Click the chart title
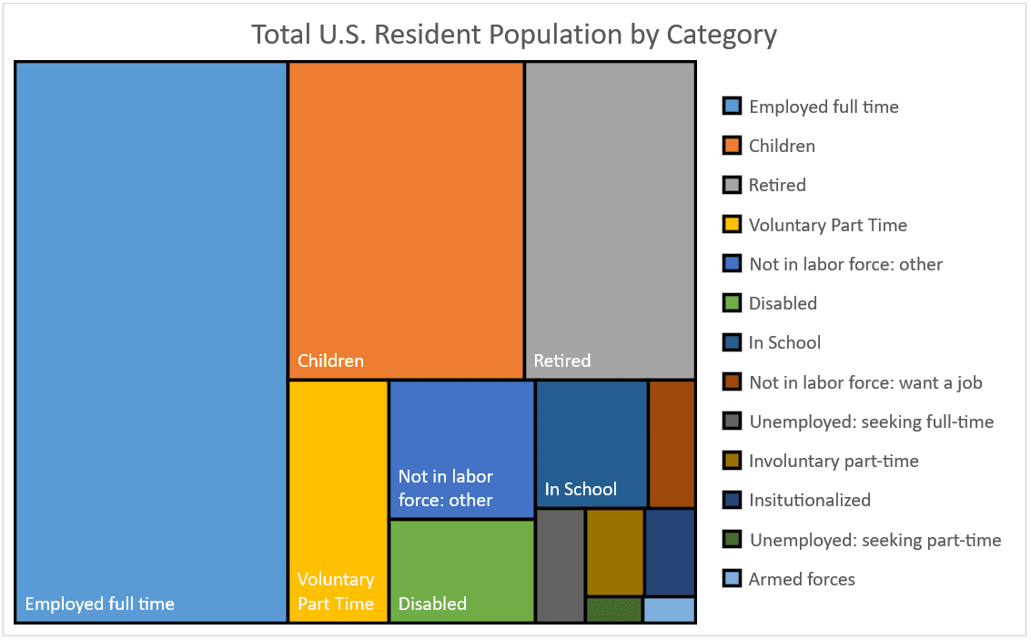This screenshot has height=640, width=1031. point(514,35)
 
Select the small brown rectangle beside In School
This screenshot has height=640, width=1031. point(672,443)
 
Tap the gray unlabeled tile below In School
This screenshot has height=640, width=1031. point(560,565)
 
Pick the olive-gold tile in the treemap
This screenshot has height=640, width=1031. point(614,553)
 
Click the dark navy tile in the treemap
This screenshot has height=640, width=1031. point(671,553)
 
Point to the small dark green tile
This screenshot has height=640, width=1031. point(613,610)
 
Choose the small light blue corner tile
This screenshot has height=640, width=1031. point(670,610)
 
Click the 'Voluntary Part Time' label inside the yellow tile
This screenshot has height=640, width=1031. point(336,592)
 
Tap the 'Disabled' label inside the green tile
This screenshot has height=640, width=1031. point(432,604)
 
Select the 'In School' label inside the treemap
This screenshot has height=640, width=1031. point(581,489)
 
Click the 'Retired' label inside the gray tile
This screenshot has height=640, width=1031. point(561,361)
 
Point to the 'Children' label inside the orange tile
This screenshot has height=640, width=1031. point(330,361)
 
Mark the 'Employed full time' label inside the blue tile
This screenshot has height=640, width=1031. point(99,604)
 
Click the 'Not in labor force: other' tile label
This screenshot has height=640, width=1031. point(446,488)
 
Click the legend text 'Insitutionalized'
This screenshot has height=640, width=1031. point(810,500)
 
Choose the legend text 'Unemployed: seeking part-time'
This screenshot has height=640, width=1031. point(875,540)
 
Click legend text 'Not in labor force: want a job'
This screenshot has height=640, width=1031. point(865,382)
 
